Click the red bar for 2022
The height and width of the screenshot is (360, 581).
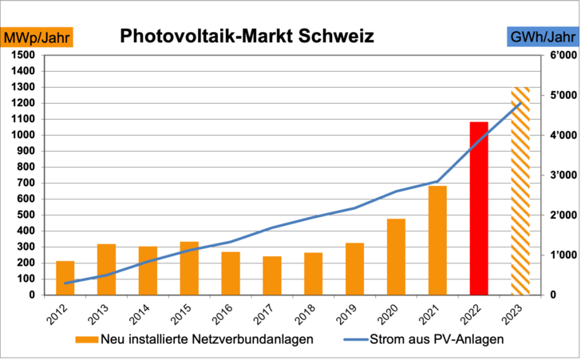point(479,208)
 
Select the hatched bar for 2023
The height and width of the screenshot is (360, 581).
point(520,191)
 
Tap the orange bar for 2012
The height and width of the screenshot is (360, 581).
point(65,278)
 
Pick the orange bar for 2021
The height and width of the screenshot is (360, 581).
point(437,240)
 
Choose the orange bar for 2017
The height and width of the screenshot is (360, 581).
point(272,275)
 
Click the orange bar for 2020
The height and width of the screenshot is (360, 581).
point(396,256)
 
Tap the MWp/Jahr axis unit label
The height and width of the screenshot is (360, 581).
point(38,38)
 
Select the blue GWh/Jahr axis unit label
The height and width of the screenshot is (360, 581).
point(543,38)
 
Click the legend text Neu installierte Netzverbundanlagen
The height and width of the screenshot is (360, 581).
point(207,340)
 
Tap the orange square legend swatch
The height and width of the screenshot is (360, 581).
point(86,340)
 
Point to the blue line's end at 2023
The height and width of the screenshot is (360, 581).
point(520,103)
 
